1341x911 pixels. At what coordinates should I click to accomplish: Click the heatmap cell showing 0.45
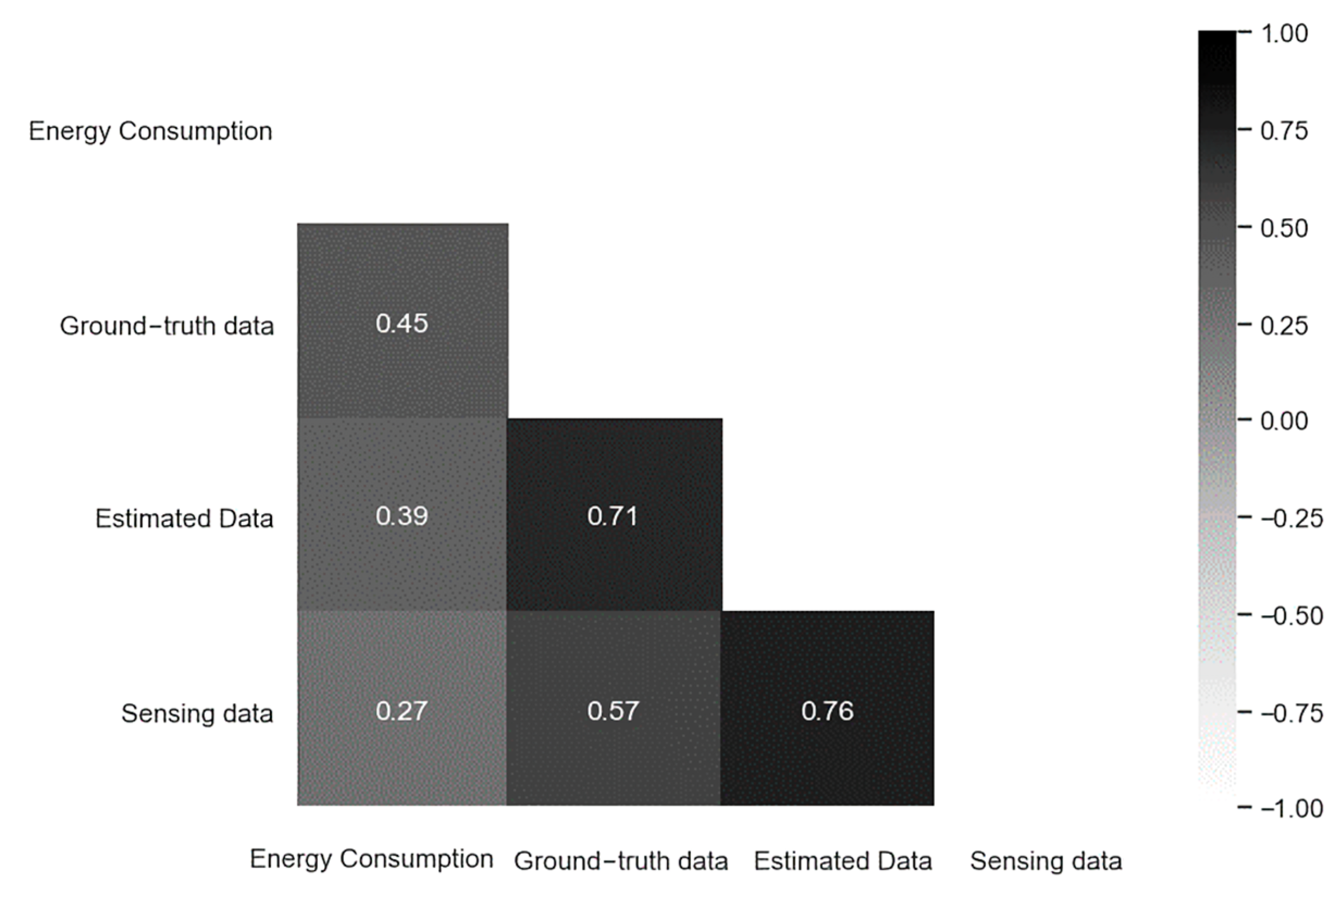(402, 321)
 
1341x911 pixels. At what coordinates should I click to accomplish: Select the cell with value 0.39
(402, 515)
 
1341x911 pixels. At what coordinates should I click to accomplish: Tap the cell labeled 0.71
(613, 515)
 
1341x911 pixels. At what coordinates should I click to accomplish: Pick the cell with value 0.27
(402, 710)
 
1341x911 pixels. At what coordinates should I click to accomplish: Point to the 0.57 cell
(613, 710)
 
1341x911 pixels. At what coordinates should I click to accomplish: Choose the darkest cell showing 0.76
(827, 710)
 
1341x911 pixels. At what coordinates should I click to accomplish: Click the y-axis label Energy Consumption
(150, 131)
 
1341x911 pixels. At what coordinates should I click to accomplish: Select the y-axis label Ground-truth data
(167, 326)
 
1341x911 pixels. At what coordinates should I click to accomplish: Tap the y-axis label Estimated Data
(184, 518)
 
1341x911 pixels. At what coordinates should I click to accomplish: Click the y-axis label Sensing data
(197, 714)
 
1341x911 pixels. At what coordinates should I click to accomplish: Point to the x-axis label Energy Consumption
(371, 859)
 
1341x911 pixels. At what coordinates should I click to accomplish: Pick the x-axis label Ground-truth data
(621, 861)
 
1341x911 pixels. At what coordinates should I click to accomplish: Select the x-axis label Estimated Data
(842, 861)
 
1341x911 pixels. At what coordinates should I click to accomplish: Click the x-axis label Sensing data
(1046, 861)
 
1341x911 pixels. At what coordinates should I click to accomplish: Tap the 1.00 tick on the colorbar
(1283, 34)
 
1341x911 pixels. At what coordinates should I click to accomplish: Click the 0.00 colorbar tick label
(1283, 420)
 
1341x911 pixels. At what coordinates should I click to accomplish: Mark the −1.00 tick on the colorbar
(1292, 808)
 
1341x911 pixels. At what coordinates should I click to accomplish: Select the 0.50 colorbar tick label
(1283, 228)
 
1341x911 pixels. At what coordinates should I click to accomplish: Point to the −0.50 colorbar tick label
(1292, 616)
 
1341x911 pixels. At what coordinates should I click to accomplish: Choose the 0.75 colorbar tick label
(1283, 131)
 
